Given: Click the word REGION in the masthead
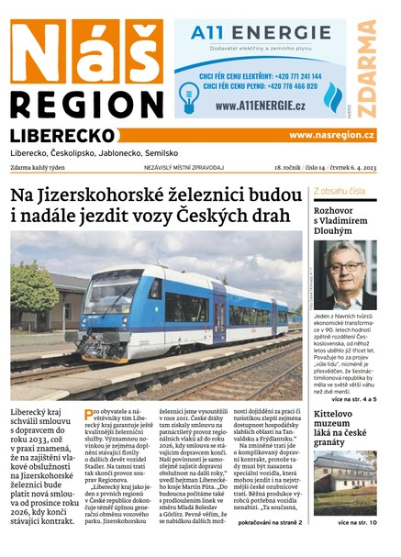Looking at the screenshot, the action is coord(84,104).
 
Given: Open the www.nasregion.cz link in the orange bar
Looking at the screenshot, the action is coord(331,135).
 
